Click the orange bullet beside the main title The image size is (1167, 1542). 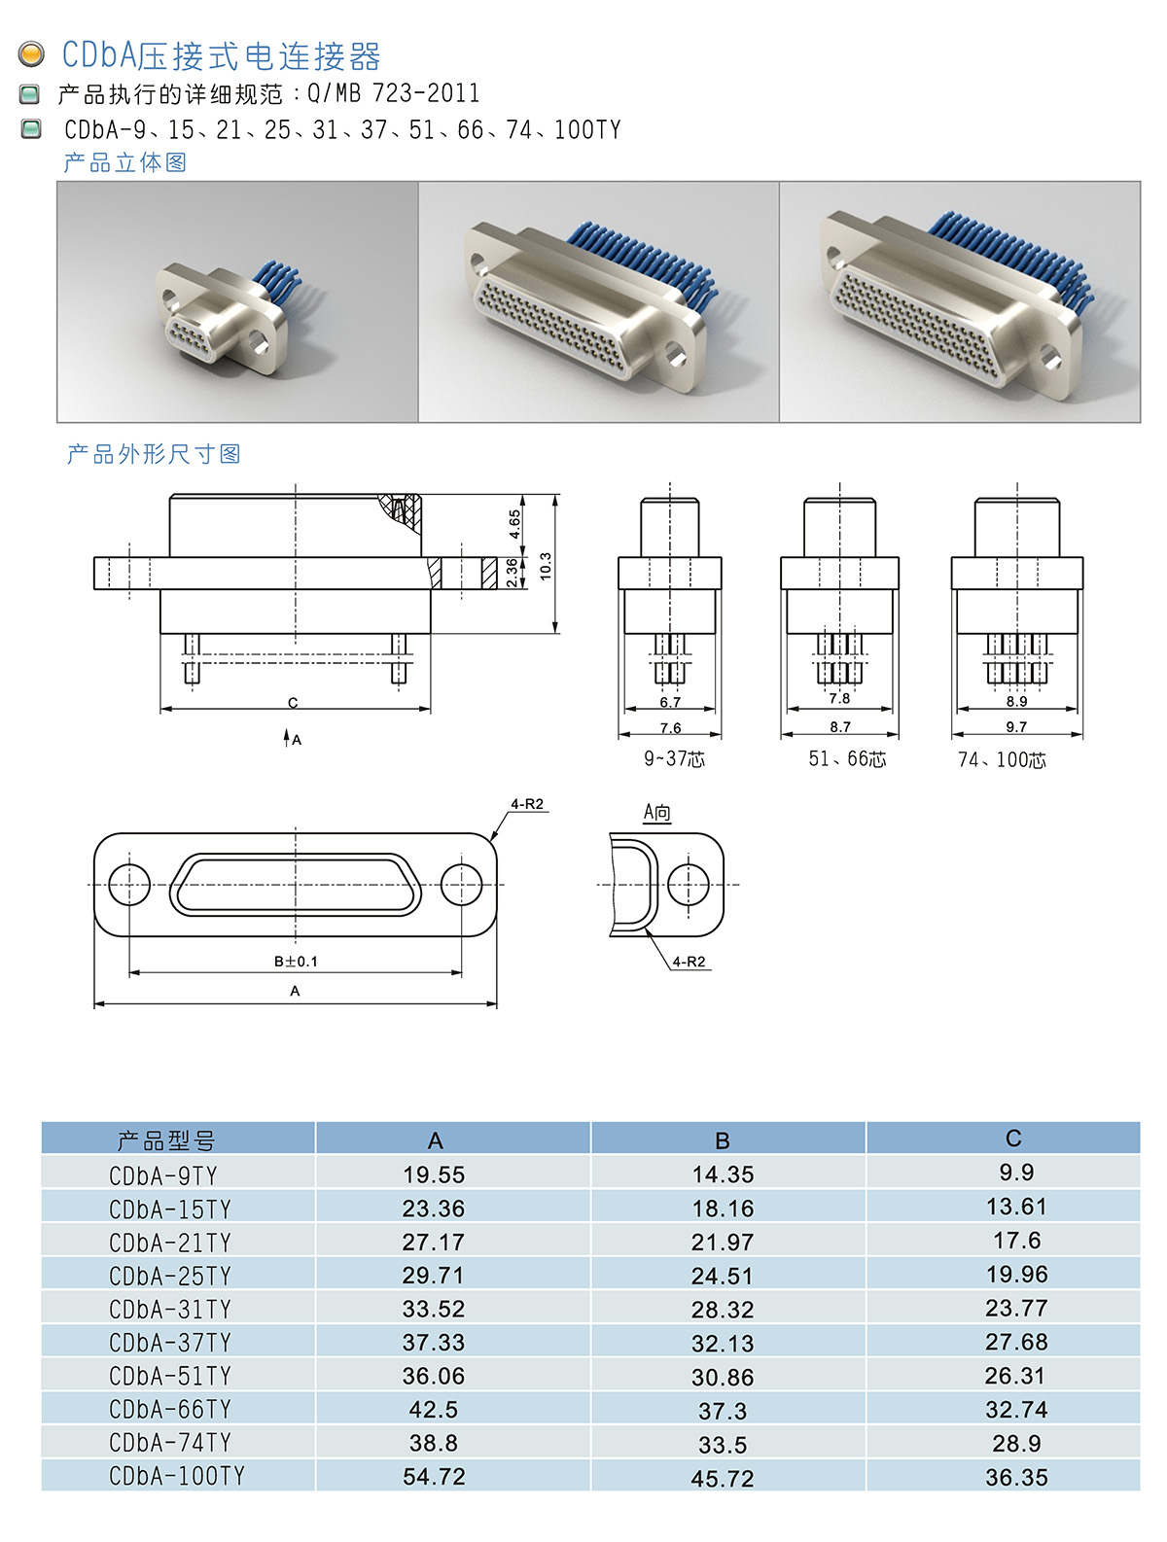click(x=31, y=54)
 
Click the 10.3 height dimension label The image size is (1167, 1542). click(x=546, y=566)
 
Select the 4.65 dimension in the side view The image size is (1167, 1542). click(x=514, y=524)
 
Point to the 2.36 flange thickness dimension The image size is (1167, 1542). click(x=512, y=573)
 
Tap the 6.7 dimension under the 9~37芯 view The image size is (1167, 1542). click(x=670, y=702)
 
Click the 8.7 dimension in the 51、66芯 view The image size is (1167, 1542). click(x=839, y=726)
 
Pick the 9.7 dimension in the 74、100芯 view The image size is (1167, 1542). click(x=1016, y=726)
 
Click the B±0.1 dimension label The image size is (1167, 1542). click(x=296, y=961)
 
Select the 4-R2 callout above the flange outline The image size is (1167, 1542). click(x=527, y=804)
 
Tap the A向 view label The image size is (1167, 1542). click(x=656, y=813)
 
